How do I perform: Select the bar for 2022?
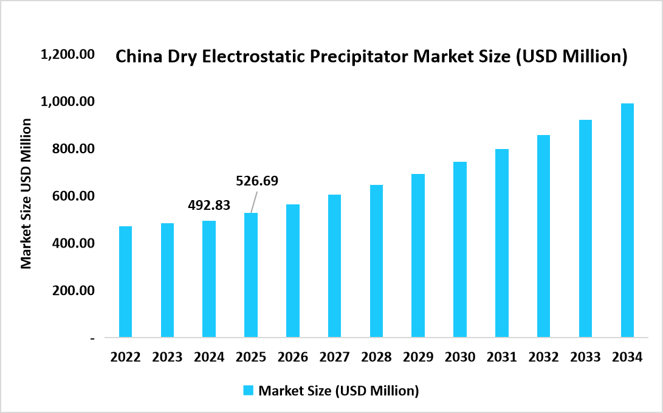tap(125, 282)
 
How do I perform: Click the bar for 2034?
tap(627, 220)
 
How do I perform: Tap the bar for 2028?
tap(376, 261)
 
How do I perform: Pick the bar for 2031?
tap(501, 243)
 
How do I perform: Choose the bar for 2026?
tap(293, 271)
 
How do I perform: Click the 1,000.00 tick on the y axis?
tap(67, 101)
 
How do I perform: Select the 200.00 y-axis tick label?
tap(72, 291)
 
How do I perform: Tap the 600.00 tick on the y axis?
tap(72, 196)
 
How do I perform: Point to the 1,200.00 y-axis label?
tap(67, 55)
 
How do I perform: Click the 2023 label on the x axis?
tap(167, 357)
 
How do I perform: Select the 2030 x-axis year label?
tap(460, 357)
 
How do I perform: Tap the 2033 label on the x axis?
tap(585, 357)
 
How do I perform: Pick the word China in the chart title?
tap(136, 57)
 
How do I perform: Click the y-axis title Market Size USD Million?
tap(26, 193)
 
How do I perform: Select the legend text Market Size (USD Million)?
tap(338, 390)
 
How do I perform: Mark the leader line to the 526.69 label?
tap(253, 201)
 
